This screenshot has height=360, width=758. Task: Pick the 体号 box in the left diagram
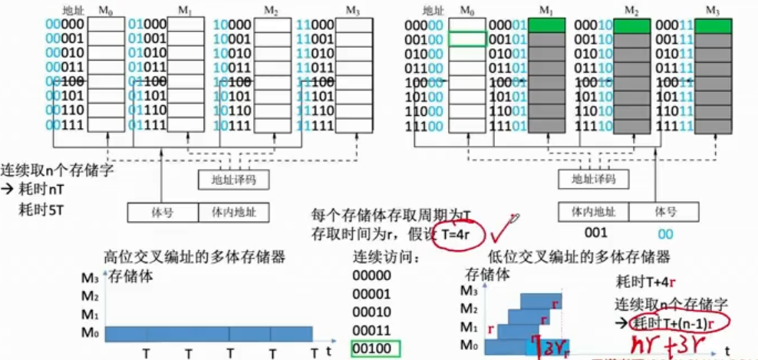pyautogui.click(x=163, y=211)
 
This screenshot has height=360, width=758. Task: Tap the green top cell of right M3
pyautogui.click(x=714, y=25)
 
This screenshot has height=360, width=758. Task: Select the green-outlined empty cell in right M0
pyautogui.click(x=467, y=40)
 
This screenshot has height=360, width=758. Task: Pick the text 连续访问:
pyautogui.click(x=384, y=257)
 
